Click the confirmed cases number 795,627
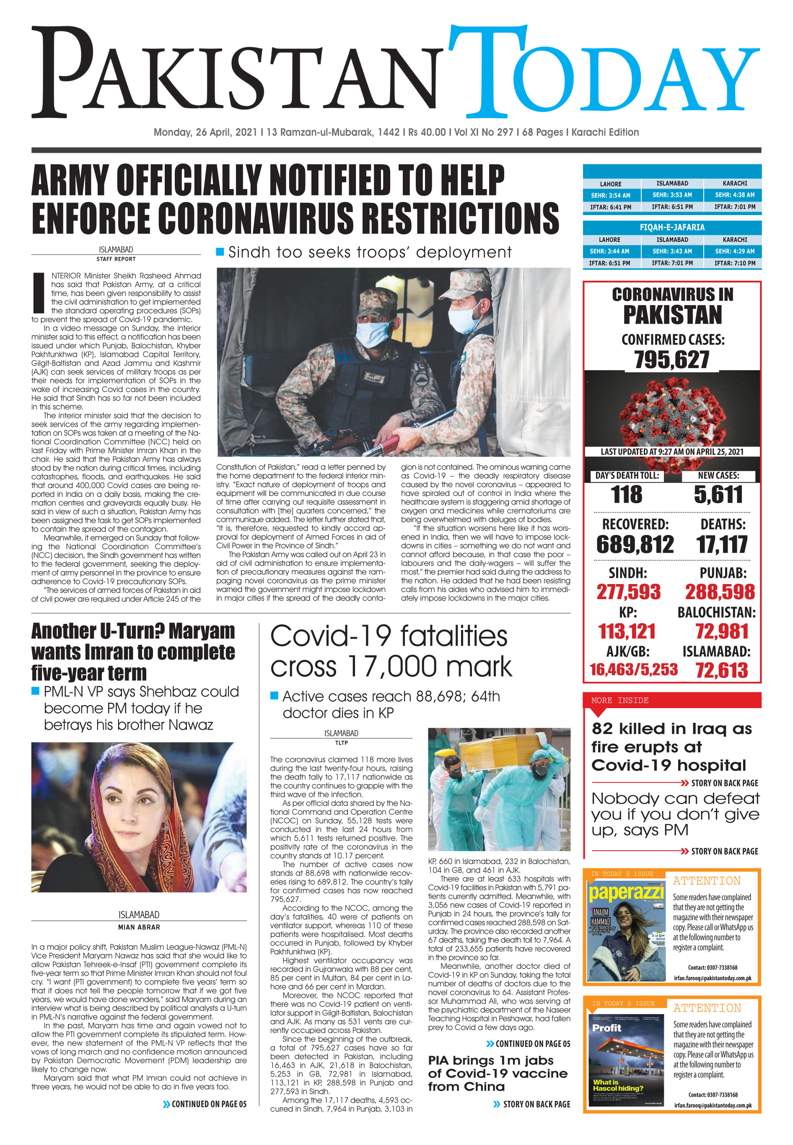(671, 360)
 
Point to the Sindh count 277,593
(629, 592)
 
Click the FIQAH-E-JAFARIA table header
(672, 227)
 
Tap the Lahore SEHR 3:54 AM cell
(610, 195)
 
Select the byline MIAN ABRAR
(139, 927)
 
